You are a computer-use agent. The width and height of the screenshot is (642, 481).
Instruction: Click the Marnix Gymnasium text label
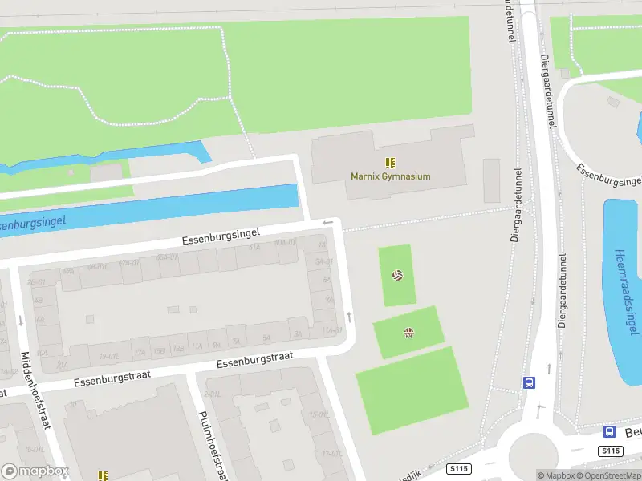point(390,176)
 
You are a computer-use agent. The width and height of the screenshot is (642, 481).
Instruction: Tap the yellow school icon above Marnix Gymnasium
point(390,162)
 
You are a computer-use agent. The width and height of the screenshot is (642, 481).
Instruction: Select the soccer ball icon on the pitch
point(396,275)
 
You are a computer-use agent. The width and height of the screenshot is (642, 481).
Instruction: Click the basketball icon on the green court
point(408,333)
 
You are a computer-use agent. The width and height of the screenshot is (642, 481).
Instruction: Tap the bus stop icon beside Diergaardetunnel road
point(529,382)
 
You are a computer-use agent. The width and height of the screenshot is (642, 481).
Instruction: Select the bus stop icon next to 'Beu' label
point(609,431)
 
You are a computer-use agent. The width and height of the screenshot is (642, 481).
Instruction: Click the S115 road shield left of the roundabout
point(459,468)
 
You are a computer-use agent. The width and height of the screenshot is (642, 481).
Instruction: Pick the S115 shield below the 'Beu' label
point(612,451)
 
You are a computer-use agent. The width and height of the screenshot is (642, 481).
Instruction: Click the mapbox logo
point(35,471)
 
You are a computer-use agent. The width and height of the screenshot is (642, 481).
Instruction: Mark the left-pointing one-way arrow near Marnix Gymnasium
point(327,223)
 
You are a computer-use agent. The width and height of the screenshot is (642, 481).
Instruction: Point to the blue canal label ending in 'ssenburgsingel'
point(32,222)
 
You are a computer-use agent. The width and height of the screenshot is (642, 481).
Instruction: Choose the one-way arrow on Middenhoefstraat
point(20,321)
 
